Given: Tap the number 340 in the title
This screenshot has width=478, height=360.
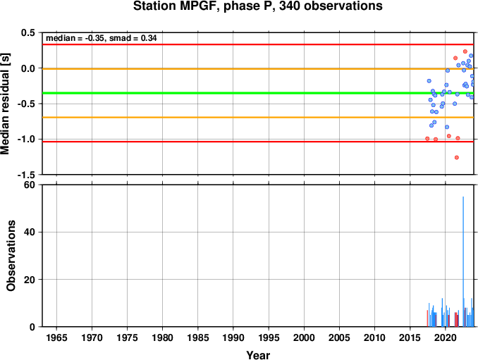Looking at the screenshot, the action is click(x=290, y=6).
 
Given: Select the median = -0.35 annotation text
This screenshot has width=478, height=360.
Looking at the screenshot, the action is click(x=75, y=38).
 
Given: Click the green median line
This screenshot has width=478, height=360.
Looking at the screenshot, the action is click(x=258, y=93).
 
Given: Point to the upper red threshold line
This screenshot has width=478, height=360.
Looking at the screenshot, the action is click(x=258, y=44).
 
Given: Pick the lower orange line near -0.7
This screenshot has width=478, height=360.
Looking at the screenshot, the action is click(x=258, y=117).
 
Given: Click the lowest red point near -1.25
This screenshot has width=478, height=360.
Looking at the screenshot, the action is click(x=457, y=158).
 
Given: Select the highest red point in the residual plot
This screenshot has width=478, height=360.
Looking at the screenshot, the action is click(x=465, y=51).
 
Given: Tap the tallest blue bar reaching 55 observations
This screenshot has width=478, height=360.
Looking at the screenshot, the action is click(x=463, y=261).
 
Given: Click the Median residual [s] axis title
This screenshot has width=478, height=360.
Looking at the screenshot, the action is click(x=5, y=104).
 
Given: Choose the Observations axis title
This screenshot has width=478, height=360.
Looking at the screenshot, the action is click(x=11, y=256).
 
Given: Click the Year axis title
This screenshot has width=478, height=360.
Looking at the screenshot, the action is click(x=258, y=355).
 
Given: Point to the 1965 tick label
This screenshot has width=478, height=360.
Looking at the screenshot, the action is click(x=56, y=337).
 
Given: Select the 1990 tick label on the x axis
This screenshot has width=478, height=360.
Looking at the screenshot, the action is click(x=233, y=337).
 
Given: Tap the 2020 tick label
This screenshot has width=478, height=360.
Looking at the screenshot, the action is click(x=446, y=337).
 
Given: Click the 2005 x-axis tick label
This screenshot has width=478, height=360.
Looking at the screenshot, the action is click(x=339, y=337).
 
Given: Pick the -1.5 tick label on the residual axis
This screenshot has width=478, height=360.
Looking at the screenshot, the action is click(x=26, y=175).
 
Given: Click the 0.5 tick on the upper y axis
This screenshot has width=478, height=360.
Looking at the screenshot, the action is click(x=28, y=32).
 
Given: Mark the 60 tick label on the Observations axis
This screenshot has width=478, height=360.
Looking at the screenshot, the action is click(x=30, y=185).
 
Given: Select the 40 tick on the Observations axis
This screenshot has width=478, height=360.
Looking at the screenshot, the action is click(x=30, y=232).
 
